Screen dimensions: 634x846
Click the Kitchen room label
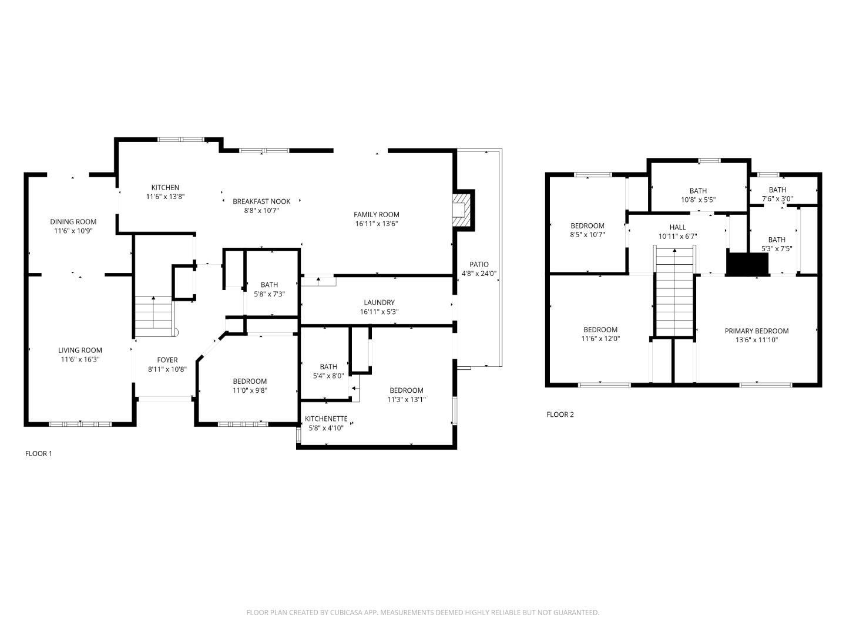[165, 188]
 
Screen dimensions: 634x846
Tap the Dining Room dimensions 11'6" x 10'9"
[73, 231]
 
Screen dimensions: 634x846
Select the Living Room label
[80, 350]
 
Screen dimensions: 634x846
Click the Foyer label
[167, 360]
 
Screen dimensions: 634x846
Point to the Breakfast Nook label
[261, 201]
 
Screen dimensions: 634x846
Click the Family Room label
[376, 215]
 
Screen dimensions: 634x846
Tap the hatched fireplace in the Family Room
[462, 210]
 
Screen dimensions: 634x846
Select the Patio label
[479, 264]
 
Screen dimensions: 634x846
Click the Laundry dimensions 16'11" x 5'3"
[379, 312]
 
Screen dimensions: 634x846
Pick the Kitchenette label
[326, 419]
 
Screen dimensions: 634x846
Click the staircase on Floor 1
[154, 316]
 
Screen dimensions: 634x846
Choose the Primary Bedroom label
[756, 331]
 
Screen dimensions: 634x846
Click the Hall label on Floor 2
[677, 227]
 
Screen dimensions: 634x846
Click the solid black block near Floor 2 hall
[747, 264]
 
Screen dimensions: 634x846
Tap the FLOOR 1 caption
[39, 454]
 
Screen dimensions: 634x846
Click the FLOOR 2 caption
[560, 414]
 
